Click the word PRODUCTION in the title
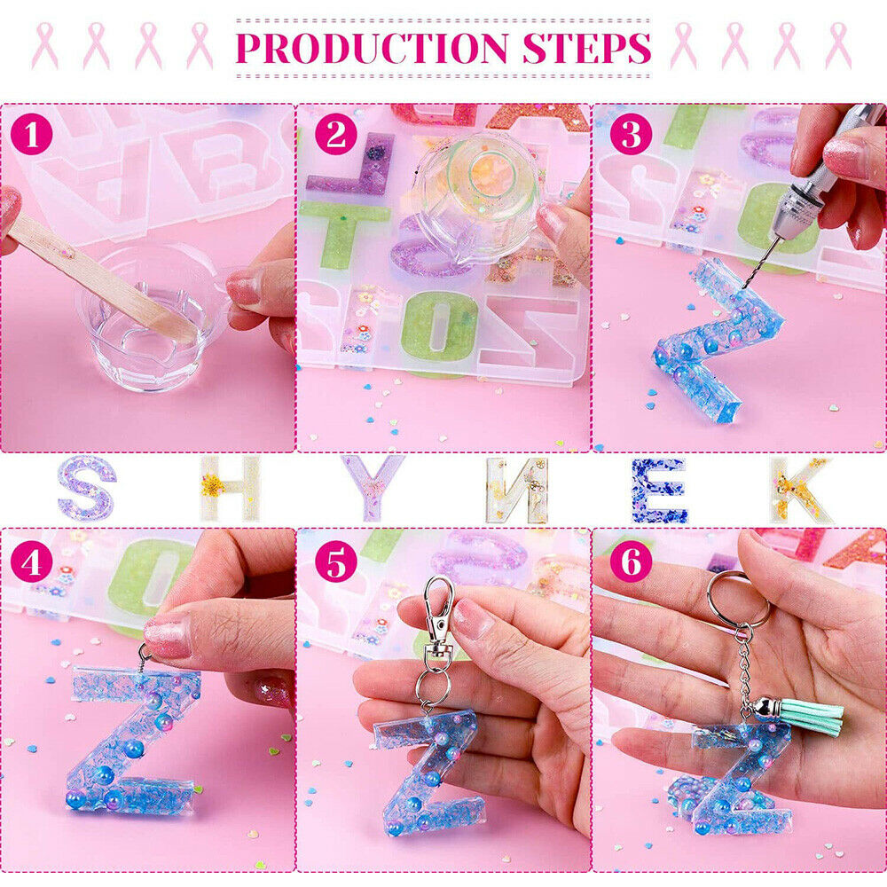(x=372, y=48)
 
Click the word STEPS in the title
(x=586, y=48)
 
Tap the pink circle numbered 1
(x=32, y=135)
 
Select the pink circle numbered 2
(x=336, y=135)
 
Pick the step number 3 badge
(x=632, y=135)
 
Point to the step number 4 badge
(x=32, y=562)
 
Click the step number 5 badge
(x=336, y=562)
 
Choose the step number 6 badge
(x=632, y=562)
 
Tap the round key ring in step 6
(x=737, y=600)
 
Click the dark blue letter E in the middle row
(x=659, y=490)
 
